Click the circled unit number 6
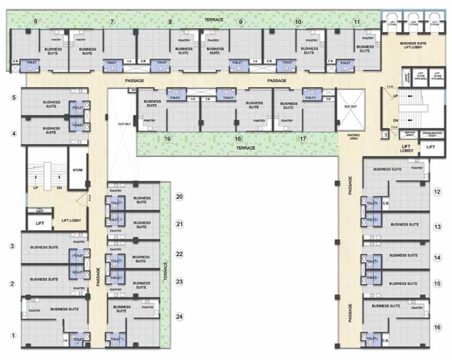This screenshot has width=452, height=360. click(x=35, y=21)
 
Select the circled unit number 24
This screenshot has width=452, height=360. click(x=179, y=317)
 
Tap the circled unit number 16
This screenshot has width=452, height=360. click(x=437, y=327)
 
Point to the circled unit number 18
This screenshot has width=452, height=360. click(x=238, y=139)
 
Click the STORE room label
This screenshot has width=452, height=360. click(x=78, y=170)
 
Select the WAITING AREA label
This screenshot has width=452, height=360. click(x=353, y=137)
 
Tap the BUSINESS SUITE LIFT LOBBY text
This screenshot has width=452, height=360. click(x=413, y=45)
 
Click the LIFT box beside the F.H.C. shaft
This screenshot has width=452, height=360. click(x=40, y=223)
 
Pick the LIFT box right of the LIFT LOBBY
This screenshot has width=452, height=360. click(x=430, y=147)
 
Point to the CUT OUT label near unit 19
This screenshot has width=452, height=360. click(x=124, y=124)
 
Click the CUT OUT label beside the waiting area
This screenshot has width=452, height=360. click(x=350, y=106)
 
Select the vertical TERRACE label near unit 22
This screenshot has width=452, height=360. click(x=166, y=271)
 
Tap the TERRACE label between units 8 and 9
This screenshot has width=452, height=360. click(x=213, y=20)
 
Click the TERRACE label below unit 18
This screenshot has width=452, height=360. click(x=245, y=148)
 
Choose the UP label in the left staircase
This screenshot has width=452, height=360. click(x=36, y=188)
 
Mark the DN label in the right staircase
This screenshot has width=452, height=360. click(x=395, y=120)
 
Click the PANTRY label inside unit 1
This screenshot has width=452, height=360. click(x=35, y=311)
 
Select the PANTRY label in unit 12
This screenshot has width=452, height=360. click(x=417, y=168)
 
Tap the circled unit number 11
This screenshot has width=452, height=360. click(x=357, y=22)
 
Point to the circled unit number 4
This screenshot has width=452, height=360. click(x=14, y=134)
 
